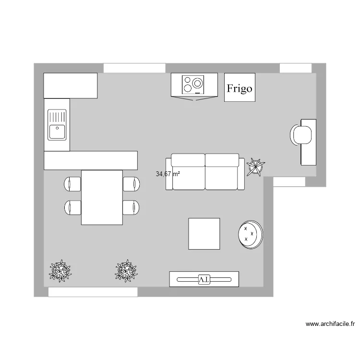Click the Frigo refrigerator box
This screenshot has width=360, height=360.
[x=240, y=87]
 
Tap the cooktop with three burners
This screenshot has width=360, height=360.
[x=193, y=84]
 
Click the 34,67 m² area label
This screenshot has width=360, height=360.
[x=168, y=174]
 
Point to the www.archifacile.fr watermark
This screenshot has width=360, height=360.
[x=330, y=324]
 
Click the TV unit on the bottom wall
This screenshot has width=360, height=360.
[x=204, y=279]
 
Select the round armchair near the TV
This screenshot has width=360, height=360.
[x=251, y=234]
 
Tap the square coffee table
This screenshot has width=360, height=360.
[x=204, y=234]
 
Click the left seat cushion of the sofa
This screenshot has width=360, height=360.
[x=188, y=173]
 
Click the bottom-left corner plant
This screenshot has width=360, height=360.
[x=60, y=271]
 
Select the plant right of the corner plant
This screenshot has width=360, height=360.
[x=126, y=271]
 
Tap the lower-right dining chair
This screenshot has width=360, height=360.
[x=131, y=207]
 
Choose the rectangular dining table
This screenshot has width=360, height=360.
[x=102, y=197]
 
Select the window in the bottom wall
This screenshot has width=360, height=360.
[x=93, y=292]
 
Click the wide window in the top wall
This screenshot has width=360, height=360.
[x=134, y=68]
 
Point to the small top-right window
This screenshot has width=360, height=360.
[x=295, y=68]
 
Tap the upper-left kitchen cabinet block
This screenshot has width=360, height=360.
[x=71, y=85]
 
